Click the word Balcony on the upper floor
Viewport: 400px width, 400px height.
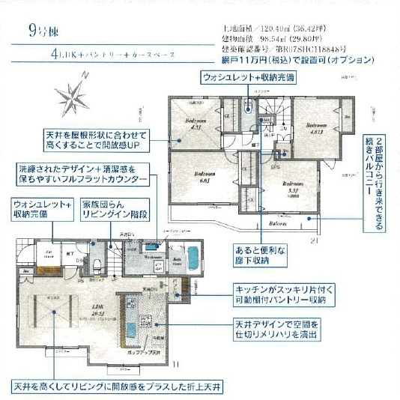[279, 223]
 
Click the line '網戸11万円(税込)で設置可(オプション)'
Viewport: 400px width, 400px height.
[297, 59]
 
